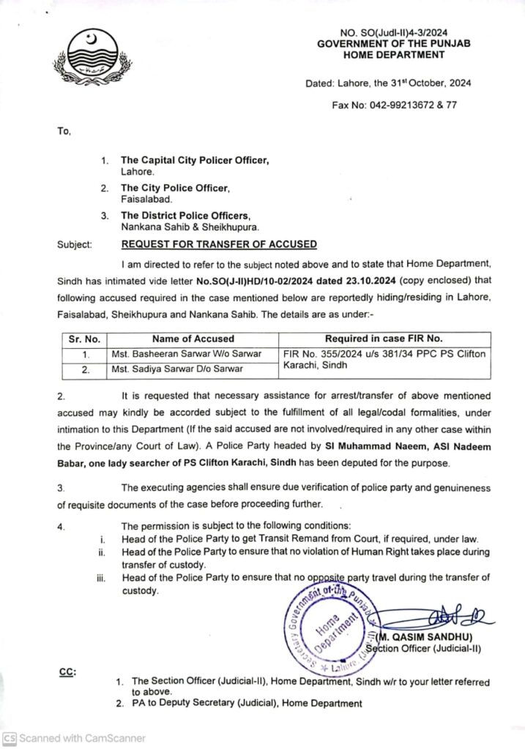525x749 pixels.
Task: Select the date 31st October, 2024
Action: point(420,83)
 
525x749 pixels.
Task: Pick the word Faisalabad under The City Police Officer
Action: point(146,199)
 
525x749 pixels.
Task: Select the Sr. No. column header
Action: point(83,339)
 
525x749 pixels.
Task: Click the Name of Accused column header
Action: point(193,339)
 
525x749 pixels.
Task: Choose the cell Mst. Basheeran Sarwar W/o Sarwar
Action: point(187,354)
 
